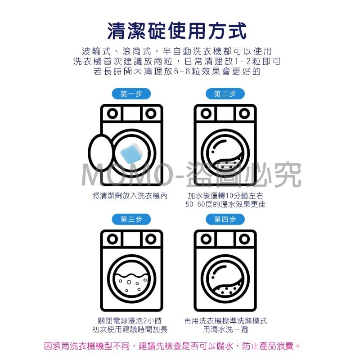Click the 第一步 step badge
[131, 94]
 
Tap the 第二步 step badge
[225, 94]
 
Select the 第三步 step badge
[131, 220]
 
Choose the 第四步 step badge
[225, 220]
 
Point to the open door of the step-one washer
[100, 152]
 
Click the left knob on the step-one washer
[112, 113]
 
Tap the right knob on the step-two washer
[244, 113]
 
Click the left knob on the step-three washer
[112, 239]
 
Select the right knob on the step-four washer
[244, 239]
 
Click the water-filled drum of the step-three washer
[131, 284]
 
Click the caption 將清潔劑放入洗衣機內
[130, 196]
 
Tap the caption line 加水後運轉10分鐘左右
[225, 196]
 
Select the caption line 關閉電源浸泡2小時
[130, 321]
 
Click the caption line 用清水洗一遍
[225, 329]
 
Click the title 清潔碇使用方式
[177, 31]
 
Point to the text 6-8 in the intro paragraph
[182, 72]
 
